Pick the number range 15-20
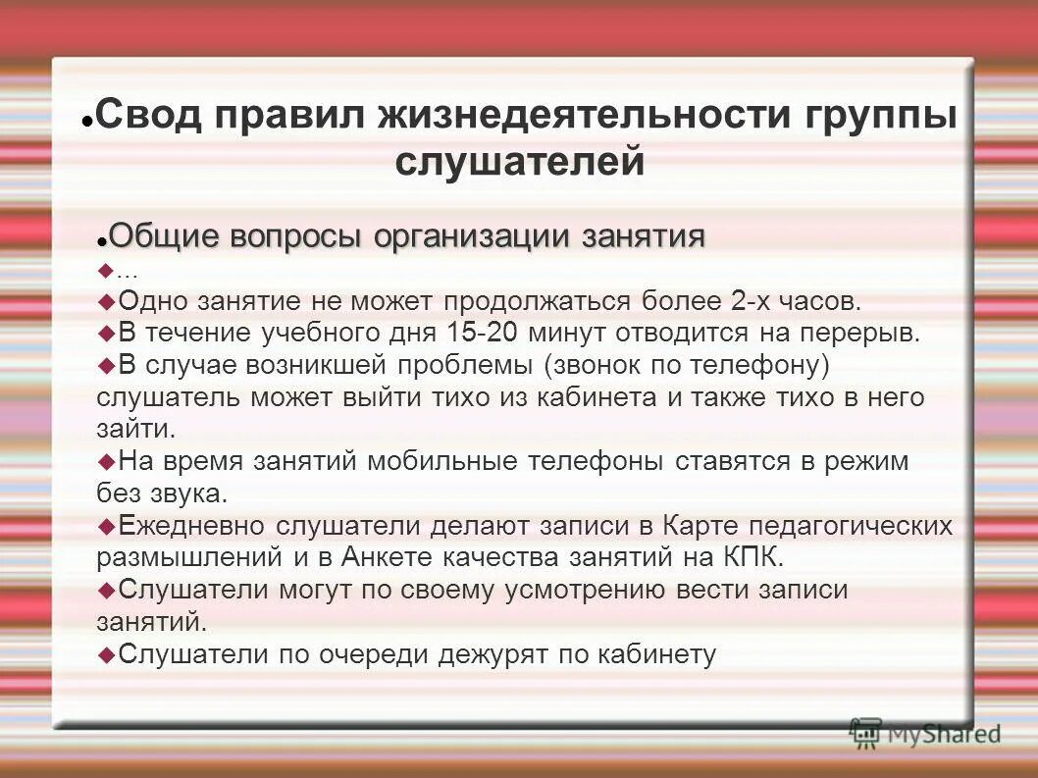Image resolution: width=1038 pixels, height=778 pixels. (x=482, y=333)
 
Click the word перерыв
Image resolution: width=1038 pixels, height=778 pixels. (x=859, y=333)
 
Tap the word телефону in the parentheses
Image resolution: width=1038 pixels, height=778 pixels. (x=759, y=365)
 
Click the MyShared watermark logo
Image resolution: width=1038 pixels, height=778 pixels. (x=924, y=732)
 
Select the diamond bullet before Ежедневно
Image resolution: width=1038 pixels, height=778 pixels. (x=107, y=525)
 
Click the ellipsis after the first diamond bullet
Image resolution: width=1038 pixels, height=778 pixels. (x=127, y=272)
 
